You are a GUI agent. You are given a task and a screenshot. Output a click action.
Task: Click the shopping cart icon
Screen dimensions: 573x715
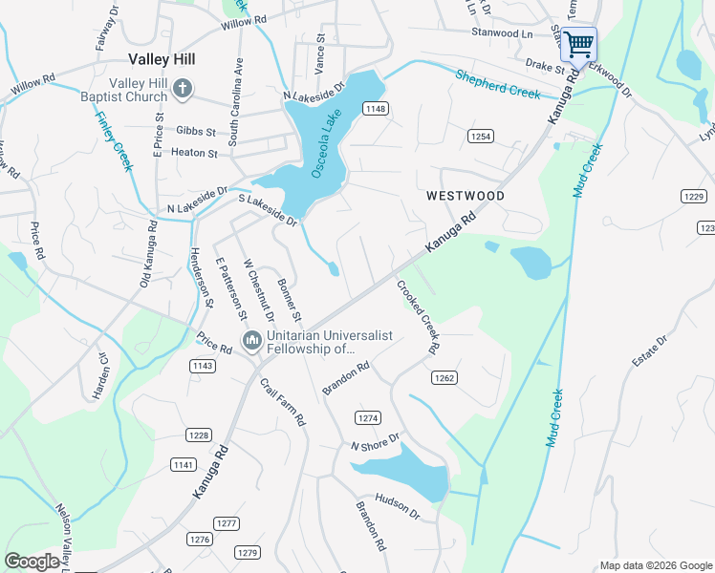click(578, 44)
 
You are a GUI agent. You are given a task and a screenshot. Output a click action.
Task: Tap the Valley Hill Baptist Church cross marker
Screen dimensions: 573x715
click(184, 91)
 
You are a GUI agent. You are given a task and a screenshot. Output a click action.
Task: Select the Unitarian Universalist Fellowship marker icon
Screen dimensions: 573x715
click(252, 340)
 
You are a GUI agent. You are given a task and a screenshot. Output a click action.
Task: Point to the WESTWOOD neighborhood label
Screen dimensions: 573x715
click(466, 196)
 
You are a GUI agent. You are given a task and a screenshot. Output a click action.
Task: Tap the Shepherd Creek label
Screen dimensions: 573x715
click(497, 85)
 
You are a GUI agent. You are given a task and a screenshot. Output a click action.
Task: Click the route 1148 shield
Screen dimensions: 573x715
click(375, 110)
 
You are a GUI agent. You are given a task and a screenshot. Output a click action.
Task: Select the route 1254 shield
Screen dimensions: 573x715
click(481, 137)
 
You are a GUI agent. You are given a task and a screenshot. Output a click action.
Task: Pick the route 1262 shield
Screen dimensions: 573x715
click(444, 378)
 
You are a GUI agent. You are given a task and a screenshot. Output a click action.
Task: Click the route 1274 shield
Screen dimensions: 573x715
click(368, 418)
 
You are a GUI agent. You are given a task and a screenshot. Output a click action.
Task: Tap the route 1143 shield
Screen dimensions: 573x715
click(202, 366)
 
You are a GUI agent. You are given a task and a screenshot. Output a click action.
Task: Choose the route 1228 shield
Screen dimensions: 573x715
click(198, 435)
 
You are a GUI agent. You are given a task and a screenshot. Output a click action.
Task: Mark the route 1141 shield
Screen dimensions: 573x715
click(183, 464)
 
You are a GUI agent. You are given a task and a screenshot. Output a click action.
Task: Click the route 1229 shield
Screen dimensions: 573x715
click(694, 196)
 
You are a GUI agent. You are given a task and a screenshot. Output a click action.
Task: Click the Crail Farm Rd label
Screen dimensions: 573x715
click(283, 402)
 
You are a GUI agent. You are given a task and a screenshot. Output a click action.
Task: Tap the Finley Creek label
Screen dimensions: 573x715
click(113, 142)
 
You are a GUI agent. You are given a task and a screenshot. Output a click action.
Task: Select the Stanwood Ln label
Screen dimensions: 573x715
click(502, 32)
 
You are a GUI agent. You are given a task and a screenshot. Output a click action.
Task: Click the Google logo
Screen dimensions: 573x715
click(32, 562)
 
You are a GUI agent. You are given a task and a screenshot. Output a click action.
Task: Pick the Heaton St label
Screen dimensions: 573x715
click(194, 152)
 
